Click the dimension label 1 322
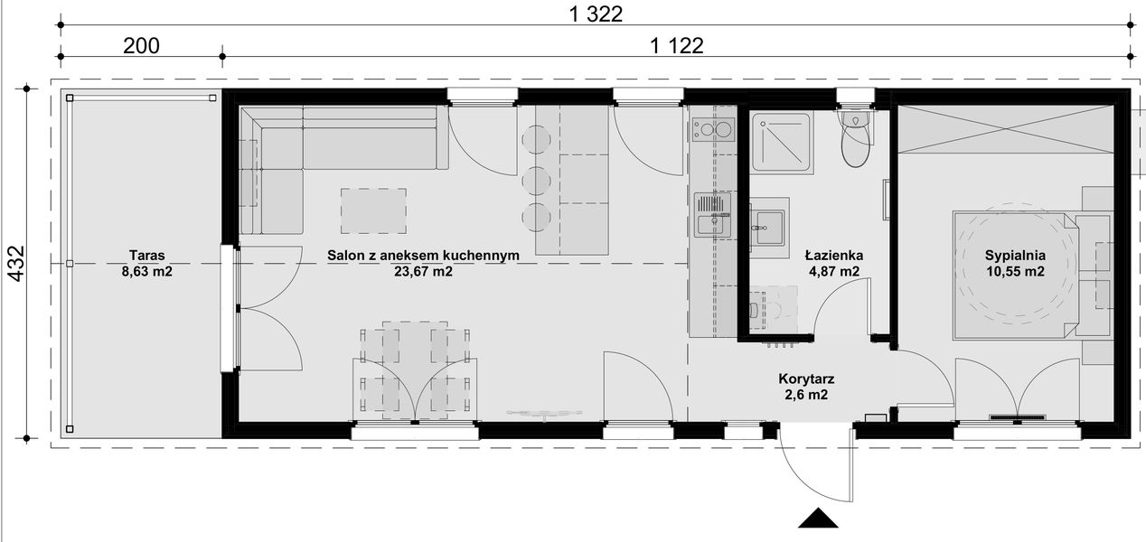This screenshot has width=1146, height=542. pos(597,14)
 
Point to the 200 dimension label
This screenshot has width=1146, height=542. pos(142,45)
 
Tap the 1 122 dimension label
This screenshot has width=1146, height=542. pos(676,45)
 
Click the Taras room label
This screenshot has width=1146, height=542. pos(146,255)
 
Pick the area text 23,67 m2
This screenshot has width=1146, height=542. pos(423,270)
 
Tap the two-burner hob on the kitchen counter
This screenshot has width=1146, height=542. pos(713,130)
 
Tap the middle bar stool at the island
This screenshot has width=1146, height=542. pos(537,178)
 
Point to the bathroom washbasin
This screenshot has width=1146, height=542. pos(770,221)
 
